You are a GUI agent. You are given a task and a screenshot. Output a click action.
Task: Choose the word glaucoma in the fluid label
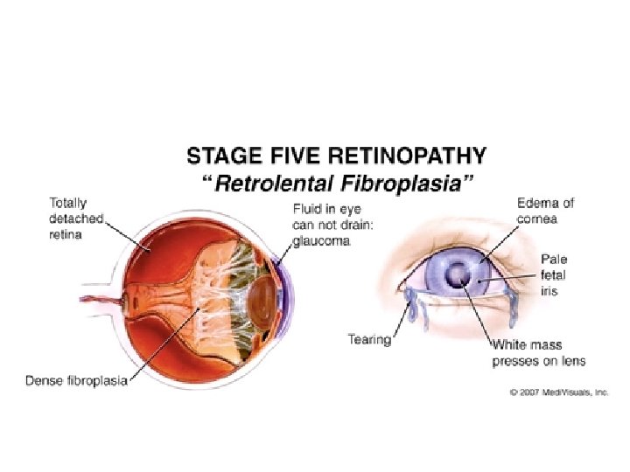(321, 242)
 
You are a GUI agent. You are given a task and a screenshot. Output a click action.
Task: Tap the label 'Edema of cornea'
(545, 210)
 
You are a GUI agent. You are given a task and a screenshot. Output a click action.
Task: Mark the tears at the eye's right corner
(511, 306)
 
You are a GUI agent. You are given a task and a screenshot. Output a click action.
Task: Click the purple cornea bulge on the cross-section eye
(282, 297)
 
